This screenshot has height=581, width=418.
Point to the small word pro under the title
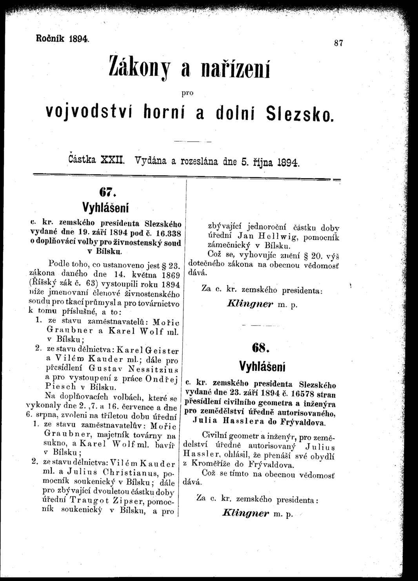coord(188,93)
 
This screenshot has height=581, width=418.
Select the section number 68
coord(262,347)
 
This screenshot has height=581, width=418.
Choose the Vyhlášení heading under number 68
coord(262,366)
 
